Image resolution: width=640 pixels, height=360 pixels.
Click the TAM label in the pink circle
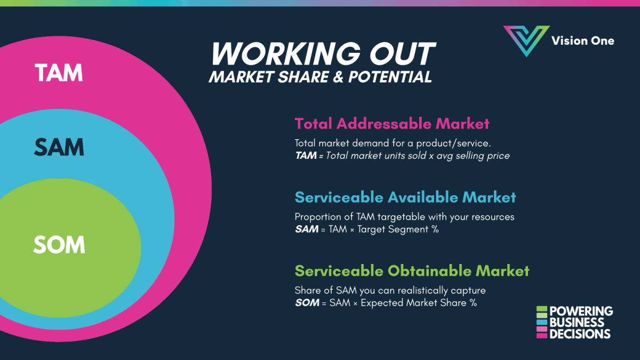(59, 73)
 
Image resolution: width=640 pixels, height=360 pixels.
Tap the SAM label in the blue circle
(59, 147)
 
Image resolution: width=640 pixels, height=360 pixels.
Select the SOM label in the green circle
(59, 245)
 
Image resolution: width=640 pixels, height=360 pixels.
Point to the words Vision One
(582, 41)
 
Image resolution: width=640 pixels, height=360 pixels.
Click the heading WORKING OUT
(323, 53)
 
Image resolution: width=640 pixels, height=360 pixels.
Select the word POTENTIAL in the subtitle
(390, 77)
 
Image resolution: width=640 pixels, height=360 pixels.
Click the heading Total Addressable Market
(391, 124)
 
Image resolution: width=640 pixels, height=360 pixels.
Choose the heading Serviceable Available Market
(405, 197)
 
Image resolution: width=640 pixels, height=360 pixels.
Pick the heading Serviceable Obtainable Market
(412, 270)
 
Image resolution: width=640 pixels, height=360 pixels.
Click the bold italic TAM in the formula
(306, 156)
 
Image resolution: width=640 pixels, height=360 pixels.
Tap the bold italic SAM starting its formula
(306, 229)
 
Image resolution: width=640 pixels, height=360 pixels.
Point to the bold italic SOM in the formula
(306, 303)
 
